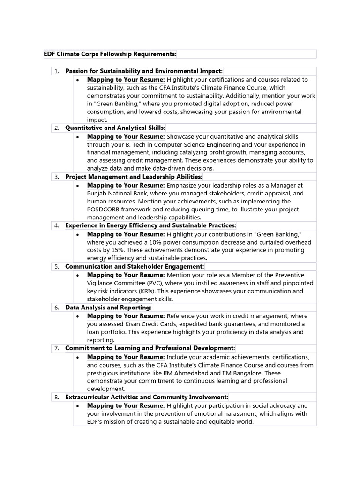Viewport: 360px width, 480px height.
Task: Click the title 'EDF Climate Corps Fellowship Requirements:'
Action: click(x=110, y=54)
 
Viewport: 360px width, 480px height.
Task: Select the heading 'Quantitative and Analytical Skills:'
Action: click(x=115, y=128)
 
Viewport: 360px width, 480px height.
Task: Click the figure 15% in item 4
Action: click(x=112, y=250)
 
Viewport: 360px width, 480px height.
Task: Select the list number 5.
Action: click(x=56, y=267)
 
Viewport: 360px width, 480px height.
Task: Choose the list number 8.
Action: click(x=56, y=397)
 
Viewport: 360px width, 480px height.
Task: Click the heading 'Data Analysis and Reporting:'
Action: click(x=108, y=307)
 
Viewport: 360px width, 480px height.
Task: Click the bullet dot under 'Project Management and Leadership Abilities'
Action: click(x=78, y=186)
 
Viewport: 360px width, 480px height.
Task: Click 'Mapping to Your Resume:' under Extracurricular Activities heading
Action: click(x=126, y=405)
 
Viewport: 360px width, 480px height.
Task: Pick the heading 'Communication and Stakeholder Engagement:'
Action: click(x=135, y=267)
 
